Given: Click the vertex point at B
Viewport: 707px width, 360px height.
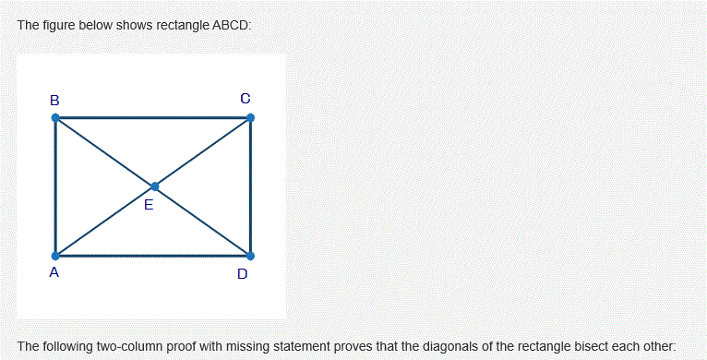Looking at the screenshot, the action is (x=55, y=118).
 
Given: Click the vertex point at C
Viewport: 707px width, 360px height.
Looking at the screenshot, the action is (x=250, y=117).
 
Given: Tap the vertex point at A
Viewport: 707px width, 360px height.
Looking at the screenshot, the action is (x=55, y=255).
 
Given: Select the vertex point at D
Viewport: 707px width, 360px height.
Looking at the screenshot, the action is (x=250, y=255).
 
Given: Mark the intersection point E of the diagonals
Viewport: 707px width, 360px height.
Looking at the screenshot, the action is (x=154, y=186).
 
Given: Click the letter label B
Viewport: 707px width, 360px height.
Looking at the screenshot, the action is (x=54, y=99).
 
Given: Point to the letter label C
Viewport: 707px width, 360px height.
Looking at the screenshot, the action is (x=245, y=97).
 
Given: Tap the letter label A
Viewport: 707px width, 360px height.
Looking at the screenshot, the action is (x=54, y=272).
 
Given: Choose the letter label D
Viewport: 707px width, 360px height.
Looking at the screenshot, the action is (x=242, y=273).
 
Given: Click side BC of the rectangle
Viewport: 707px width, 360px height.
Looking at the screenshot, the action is (x=152, y=117).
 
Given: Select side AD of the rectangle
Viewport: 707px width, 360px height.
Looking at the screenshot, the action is (x=152, y=256).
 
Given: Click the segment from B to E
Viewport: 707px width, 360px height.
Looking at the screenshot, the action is (x=104, y=152).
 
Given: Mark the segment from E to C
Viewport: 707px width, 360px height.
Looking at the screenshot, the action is (x=202, y=152).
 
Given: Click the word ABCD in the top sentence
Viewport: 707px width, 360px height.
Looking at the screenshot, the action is (x=231, y=25).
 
